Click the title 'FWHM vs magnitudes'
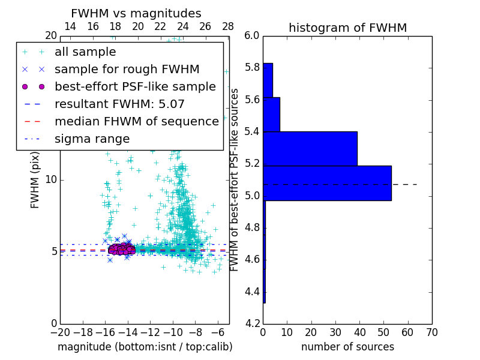[136, 13]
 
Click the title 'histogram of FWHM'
[347, 28]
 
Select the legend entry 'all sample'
[85, 52]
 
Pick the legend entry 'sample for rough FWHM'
[127, 70]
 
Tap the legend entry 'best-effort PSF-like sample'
[135, 86]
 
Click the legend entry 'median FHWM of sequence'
[136, 121]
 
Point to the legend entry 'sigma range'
[92, 139]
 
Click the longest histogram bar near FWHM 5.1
[328, 183]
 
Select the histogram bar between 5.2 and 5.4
[310, 148]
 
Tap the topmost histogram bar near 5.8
[268, 80]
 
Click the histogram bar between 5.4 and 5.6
[271, 114]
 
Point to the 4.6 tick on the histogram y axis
[251, 260]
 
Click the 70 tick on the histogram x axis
[431, 332]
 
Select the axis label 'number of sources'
[347, 347]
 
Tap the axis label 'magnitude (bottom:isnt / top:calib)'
[145, 347]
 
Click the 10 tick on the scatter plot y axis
[51, 179]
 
